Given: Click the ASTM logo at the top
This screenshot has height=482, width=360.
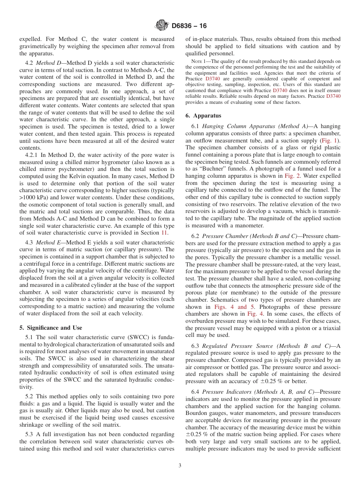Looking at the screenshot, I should point(162,26).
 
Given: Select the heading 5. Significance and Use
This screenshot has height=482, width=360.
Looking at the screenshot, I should point(50,328).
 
